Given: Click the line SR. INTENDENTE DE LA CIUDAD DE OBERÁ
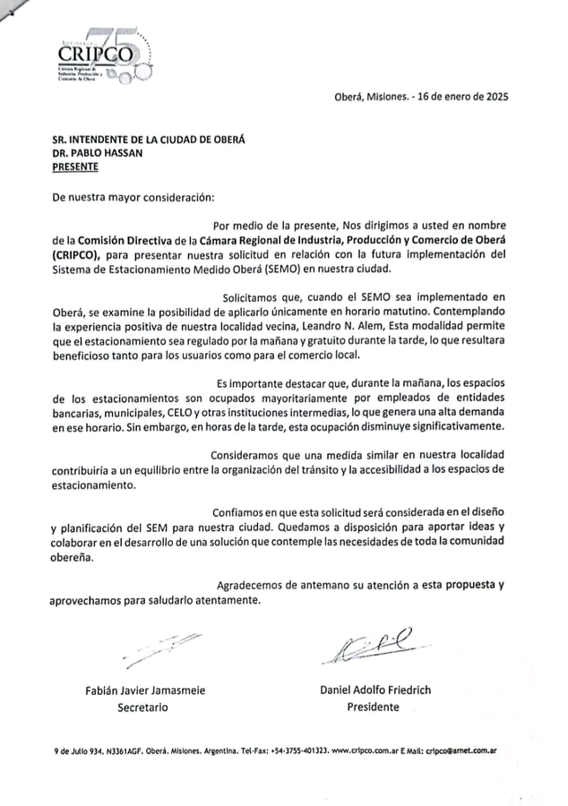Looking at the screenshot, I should [149, 139].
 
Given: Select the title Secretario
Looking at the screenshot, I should [143, 707].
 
